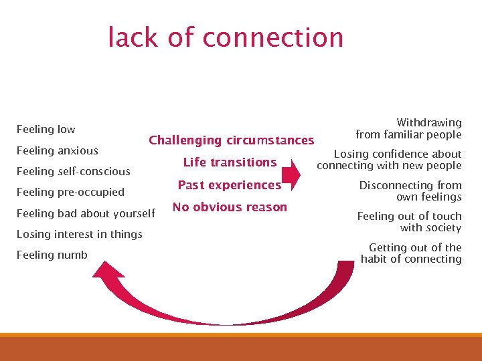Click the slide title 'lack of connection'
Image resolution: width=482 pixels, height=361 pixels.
pos(226,37)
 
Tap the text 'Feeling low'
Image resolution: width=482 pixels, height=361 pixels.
pos(46,129)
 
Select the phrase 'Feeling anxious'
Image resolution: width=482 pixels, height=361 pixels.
pos(57,150)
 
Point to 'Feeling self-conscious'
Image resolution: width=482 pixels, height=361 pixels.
pos(73,171)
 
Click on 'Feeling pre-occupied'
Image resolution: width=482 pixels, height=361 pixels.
pos(70,192)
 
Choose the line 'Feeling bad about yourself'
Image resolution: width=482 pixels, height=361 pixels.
pos(86,213)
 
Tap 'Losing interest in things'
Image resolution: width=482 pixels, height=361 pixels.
pos(79,234)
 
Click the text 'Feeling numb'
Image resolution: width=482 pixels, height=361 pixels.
pos(52,255)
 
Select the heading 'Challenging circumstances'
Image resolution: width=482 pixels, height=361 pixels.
pos(231,140)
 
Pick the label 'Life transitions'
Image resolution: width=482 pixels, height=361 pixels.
pos(230,162)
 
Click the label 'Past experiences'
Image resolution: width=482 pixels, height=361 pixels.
pos(229,185)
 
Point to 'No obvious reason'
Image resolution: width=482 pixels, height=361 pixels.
pos(230,207)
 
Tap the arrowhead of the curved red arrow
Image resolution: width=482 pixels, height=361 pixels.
pos(108,271)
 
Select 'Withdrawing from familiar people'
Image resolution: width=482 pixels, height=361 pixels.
pos(408,128)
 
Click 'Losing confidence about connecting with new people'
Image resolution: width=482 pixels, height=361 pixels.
pos(390,160)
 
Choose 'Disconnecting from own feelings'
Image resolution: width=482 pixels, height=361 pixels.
pos(410,191)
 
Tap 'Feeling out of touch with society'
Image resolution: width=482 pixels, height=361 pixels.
pos(409,221)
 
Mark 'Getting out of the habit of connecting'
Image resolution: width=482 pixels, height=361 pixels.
pos(411,253)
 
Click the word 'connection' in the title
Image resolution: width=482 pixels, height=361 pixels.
pos(272,37)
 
